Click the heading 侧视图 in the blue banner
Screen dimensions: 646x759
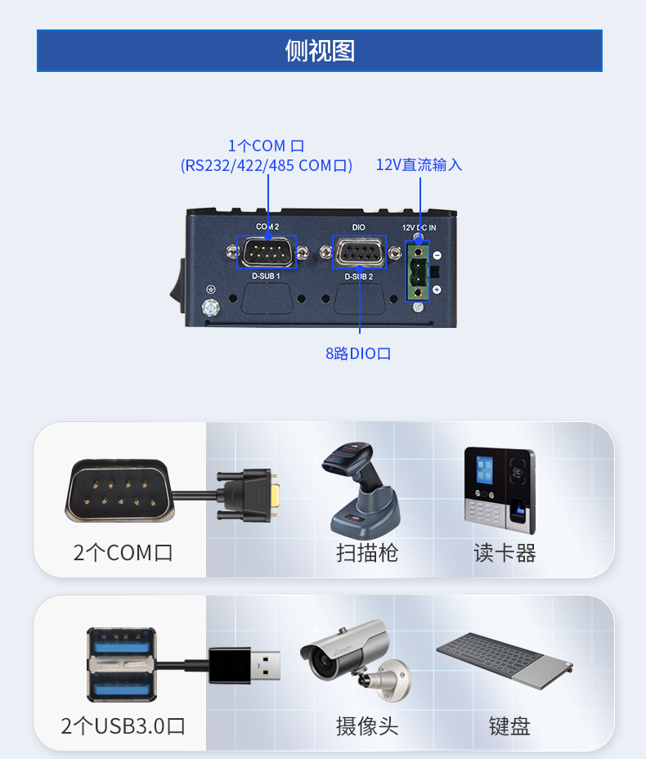point(320,51)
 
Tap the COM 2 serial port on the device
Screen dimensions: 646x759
point(267,252)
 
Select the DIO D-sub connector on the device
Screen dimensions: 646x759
point(359,252)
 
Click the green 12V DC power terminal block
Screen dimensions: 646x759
point(417,272)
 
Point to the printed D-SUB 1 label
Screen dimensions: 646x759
point(266,276)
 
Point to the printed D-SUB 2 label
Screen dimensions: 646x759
point(358,276)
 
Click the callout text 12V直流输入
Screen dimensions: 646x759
point(419,164)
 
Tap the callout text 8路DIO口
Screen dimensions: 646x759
point(358,353)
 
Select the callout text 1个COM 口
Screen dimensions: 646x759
point(266,146)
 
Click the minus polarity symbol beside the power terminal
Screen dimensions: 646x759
point(437,255)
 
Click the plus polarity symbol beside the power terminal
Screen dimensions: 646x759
point(437,290)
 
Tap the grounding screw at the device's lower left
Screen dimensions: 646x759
point(210,308)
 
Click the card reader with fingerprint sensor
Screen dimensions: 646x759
point(500,490)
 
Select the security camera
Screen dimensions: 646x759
point(356,659)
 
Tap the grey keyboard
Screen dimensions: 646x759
point(505,660)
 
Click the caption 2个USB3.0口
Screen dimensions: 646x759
point(123,726)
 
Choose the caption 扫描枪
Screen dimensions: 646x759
point(367,553)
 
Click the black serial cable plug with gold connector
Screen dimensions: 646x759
point(249,495)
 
